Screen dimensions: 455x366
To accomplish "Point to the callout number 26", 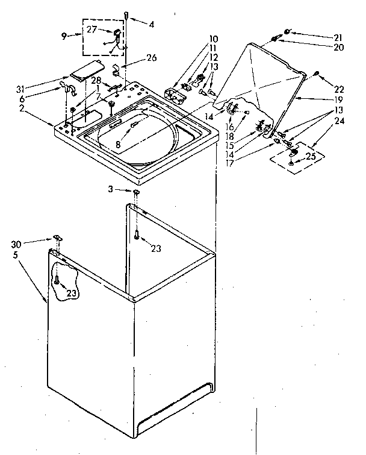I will pyautogui.click(x=150, y=58).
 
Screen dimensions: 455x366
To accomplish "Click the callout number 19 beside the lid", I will pyautogui.click(x=338, y=99).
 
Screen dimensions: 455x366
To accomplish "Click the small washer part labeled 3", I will pyautogui.click(x=137, y=192).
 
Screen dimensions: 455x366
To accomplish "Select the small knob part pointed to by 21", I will pyautogui.click(x=288, y=31).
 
